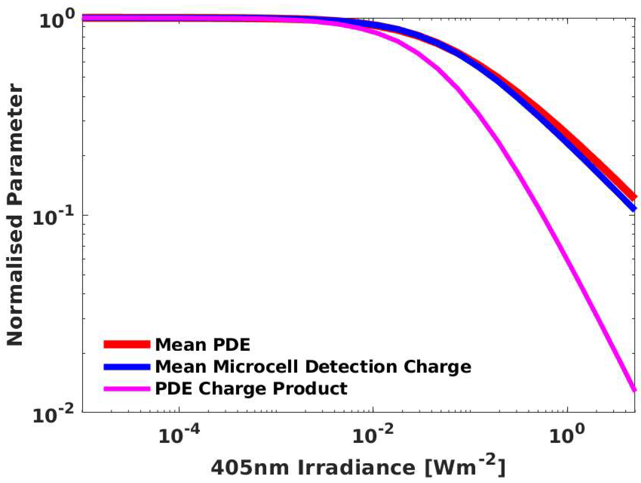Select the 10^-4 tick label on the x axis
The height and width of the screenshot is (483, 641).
(x=179, y=434)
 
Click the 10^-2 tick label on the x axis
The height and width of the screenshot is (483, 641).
(x=373, y=434)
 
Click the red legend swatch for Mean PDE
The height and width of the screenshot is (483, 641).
(x=127, y=344)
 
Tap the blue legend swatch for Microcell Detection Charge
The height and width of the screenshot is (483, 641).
(x=127, y=367)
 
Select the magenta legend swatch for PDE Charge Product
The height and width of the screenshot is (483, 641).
(x=127, y=389)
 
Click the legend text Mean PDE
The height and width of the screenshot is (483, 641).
(x=203, y=344)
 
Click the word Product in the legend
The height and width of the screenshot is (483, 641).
(x=310, y=389)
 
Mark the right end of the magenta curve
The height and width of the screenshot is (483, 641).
(x=634, y=390)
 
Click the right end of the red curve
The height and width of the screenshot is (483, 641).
(x=634, y=197)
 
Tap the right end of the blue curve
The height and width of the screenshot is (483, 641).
(x=634, y=208)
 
